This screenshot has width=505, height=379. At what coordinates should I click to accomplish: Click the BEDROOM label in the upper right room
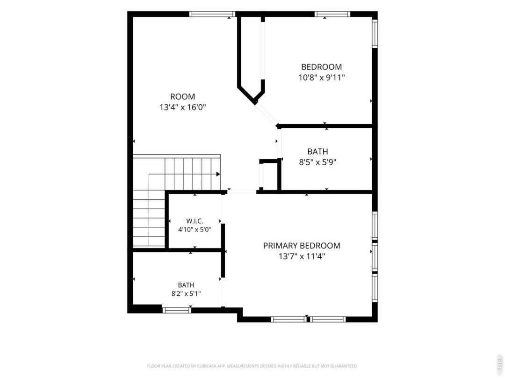pyautogui.click(x=321, y=67)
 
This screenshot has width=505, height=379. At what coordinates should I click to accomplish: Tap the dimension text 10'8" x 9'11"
pyautogui.click(x=322, y=78)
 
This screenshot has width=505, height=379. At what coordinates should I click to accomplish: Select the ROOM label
pyautogui.click(x=182, y=96)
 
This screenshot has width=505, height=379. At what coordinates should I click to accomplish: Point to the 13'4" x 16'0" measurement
pyautogui.click(x=183, y=107)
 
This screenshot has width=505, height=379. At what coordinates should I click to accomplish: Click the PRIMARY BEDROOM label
pyautogui.click(x=302, y=246)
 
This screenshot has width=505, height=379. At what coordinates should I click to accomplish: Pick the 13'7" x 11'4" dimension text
pyautogui.click(x=302, y=256)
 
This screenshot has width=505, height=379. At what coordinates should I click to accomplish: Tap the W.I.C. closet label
pyautogui.click(x=195, y=221)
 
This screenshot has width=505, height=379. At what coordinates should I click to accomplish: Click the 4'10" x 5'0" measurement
pyautogui.click(x=195, y=230)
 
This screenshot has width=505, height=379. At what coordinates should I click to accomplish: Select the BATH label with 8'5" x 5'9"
pyautogui.click(x=317, y=151)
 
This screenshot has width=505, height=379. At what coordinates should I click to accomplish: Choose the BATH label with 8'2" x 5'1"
pyautogui.click(x=186, y=285)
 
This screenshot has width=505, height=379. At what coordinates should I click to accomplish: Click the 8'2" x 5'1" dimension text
pyautogui.click(x=186, y=293)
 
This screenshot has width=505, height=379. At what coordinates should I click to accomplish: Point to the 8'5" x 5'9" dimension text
pyautogui.click(x=317, y=162)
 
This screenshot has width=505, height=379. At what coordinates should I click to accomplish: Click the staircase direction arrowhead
pyautogui.click(x=218, y=174)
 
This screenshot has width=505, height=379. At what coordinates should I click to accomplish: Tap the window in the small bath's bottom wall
pyautogui.click(x=176, y=310)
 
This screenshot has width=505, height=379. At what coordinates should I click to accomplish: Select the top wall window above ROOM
pyautogui.click(x=212, y=14)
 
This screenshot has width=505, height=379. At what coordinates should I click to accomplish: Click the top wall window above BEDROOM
pyautogui.click(x=332, y=14)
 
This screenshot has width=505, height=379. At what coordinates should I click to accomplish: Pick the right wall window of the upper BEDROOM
pyautogui.click(x=375, y=34)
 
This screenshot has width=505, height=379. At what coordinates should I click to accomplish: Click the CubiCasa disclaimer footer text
pyautogui.click(x=252, y=366)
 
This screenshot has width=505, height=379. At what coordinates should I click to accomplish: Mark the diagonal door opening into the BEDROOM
pyautogui.click(x=267, y=115)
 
